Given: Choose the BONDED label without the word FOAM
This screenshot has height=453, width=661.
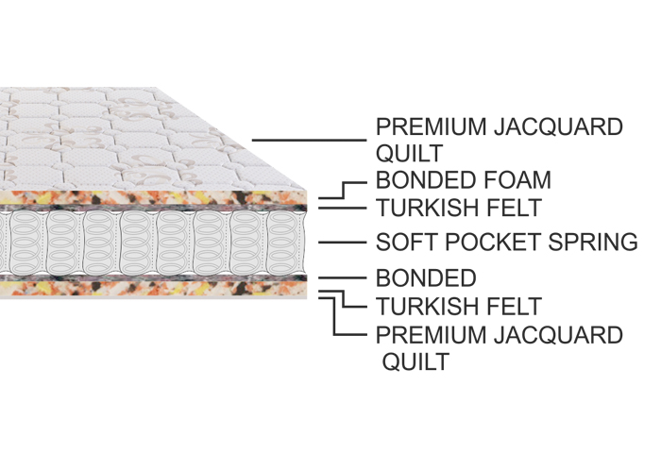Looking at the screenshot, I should (425, 278).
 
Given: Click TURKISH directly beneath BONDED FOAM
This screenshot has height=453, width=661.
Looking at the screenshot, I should (425, 207).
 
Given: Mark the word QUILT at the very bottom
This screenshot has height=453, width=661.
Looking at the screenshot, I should (415, 361).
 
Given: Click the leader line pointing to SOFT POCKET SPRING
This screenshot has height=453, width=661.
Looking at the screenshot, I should (342, 243).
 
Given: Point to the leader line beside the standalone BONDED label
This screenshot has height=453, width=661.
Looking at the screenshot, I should (342, 278).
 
